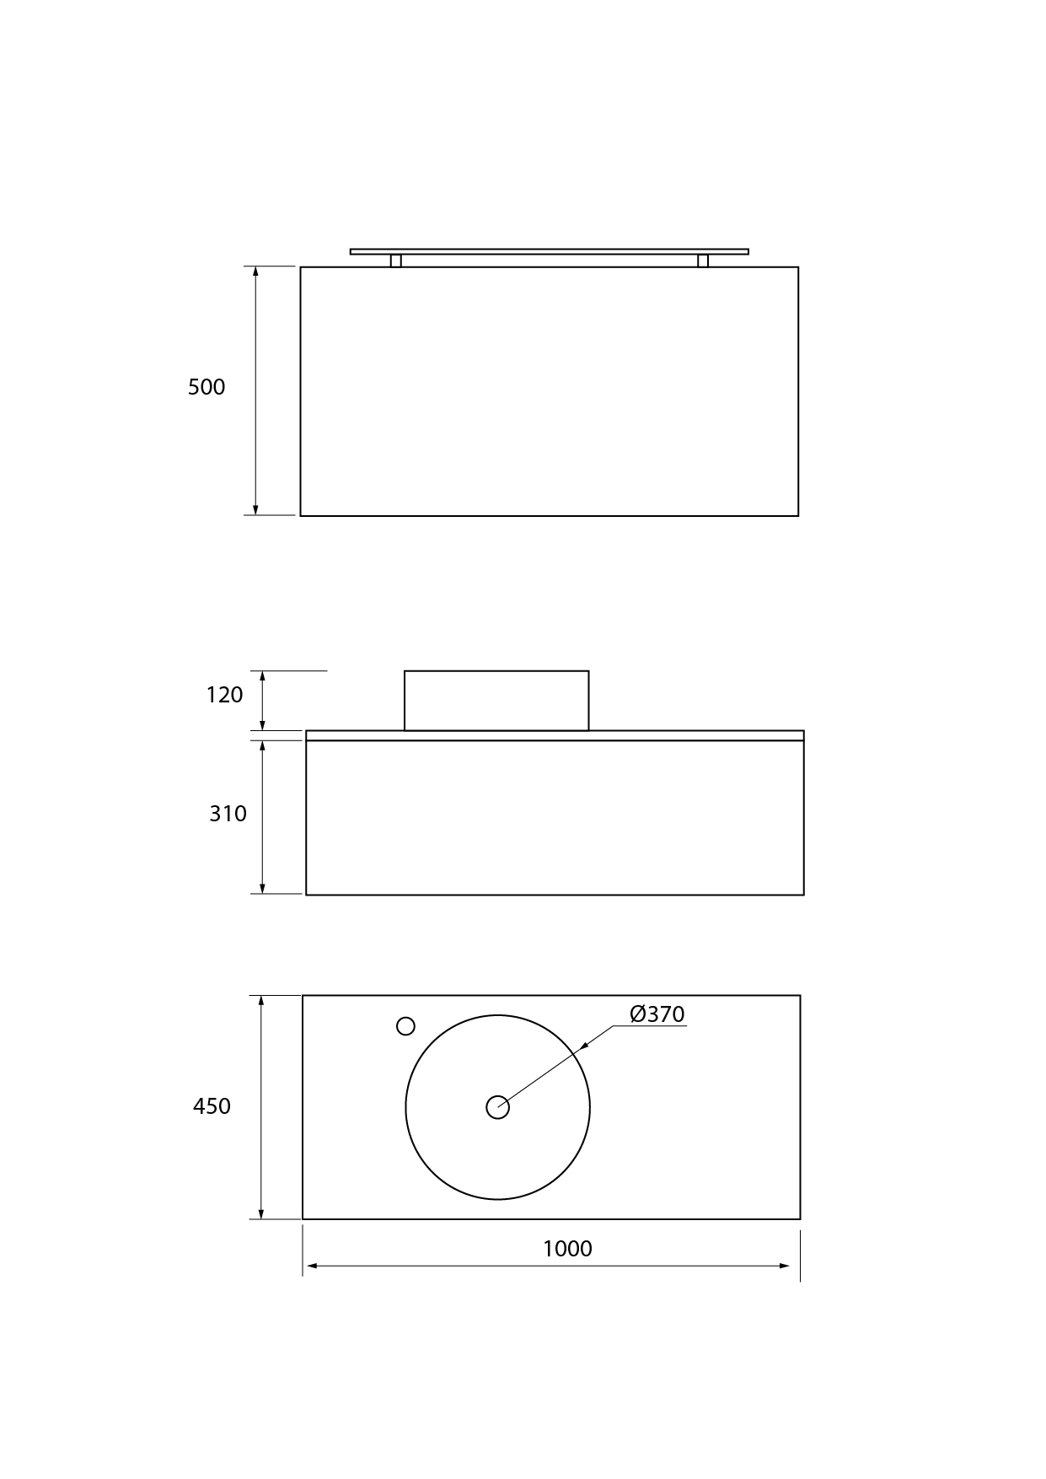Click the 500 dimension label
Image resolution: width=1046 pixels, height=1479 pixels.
click(x=207, y=387)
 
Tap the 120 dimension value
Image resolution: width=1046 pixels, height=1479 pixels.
click(x=224, y=695)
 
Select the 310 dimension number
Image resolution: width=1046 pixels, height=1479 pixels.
click(x=228, y=814)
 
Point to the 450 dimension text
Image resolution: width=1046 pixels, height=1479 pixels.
click(x=212, y=1106)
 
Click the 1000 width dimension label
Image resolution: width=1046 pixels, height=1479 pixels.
click(x=567, y=1249)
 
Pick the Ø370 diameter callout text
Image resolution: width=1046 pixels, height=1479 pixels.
click(x=657, y=1014)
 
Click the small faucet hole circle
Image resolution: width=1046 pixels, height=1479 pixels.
click(x=405, y=1026)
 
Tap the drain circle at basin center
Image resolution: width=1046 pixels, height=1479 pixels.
click(x=497, y=1107)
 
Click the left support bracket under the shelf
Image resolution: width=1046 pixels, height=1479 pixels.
click(x=395, y=261)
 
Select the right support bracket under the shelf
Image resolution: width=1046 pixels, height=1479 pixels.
click(x=703, y=261)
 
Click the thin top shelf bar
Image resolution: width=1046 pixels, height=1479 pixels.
click(x=549, y=251)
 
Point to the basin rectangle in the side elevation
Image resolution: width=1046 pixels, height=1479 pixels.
click(x=496, y=701)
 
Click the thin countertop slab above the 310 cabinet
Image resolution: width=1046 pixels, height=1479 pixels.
click(x=555, y=735)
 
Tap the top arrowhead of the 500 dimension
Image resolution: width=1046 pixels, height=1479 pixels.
click(x=255, y=272)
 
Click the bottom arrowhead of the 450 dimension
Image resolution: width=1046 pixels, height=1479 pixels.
click(x=261, y=1213)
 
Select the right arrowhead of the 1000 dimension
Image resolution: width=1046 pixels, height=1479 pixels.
click(x=785, y=1266)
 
